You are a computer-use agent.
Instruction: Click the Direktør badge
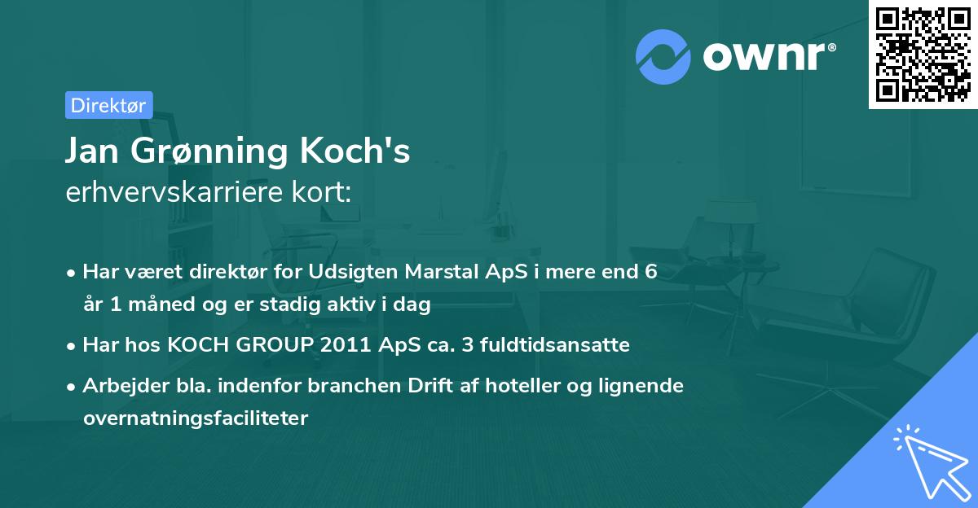point(108,105)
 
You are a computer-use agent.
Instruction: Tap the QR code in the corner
point(923,55)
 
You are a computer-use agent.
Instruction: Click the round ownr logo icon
point(663,57)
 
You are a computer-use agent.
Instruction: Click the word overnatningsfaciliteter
point(196,418)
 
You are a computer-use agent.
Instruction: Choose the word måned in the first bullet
point(162,305)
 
